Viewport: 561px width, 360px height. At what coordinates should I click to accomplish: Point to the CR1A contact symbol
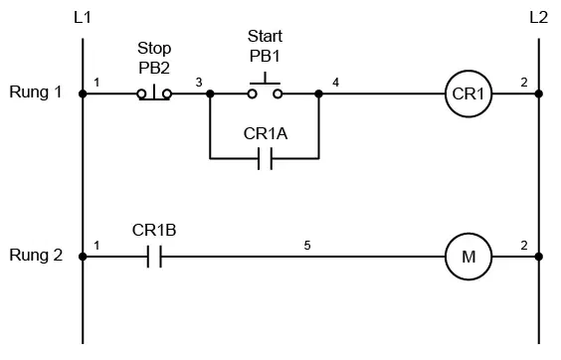[x=265, y=158]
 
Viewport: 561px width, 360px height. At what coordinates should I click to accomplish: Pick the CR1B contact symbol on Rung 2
[x=154, y=257]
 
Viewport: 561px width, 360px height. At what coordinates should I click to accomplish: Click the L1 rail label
[x=83, y=17]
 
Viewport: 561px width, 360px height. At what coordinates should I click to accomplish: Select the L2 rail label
[x=538, y=17]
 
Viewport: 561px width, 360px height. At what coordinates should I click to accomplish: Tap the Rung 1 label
[x=36, y=91]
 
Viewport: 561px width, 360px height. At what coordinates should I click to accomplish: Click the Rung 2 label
[x=36, y=256]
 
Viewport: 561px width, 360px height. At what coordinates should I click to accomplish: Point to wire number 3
[x=199, y=83]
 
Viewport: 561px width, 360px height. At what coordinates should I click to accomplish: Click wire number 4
[x=335, y=83]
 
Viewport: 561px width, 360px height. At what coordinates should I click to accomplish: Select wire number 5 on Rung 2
[x=307, y=246]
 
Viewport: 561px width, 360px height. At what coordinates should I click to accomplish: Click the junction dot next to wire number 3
[x=211, y=93]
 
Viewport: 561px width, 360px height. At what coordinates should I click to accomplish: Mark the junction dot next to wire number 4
[x=318, y=93]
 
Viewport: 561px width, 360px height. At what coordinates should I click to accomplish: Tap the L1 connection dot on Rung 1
[x=83, y=93]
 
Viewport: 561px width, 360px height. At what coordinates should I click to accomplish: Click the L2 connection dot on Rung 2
[x=539, y=257]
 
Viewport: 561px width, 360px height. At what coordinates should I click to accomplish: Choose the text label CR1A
[x=266, y=134]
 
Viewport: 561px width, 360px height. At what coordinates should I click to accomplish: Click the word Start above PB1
[x=265, y=36]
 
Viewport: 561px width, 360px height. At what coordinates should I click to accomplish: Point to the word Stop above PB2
[x=154, y=49]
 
